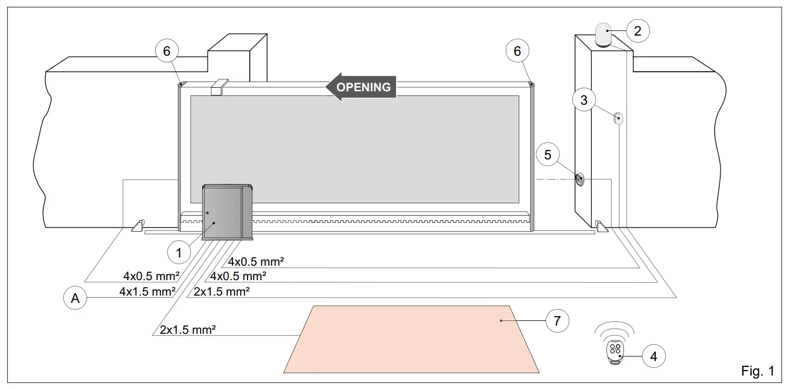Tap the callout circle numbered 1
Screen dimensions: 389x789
point(178,253)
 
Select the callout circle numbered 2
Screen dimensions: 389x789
point(638,30)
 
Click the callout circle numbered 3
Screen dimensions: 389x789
point(584,100)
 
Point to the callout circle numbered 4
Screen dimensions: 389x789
point(653,356)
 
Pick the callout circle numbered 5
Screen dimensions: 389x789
point(548,154)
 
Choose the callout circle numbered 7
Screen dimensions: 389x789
point(556,320)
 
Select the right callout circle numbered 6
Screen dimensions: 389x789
point(517,51)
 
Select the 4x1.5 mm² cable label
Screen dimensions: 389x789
point(147,291)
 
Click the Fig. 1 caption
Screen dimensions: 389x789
point(757,370)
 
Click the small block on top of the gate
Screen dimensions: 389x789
point(219,87)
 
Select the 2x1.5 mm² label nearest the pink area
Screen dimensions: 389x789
point(187,330)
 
